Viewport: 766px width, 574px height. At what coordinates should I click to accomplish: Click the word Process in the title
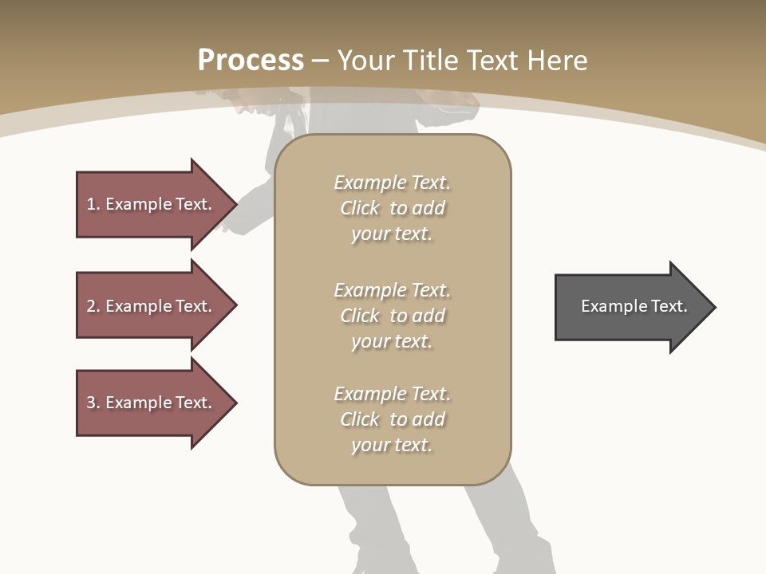pos(251,60)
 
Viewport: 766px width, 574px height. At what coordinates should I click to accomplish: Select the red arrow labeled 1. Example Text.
pos(152,204)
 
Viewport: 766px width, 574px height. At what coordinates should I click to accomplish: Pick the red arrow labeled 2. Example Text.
pos(152,306)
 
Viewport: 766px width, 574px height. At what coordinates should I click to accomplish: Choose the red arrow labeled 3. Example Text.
pos(152,403)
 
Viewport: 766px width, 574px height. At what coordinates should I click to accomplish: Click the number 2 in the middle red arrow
pos(91,306)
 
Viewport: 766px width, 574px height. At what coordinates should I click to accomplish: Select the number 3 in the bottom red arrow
pos(91,403)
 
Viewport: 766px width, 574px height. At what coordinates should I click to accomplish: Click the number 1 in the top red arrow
pos(91,204)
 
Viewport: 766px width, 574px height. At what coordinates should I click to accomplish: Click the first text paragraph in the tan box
pos(392,208)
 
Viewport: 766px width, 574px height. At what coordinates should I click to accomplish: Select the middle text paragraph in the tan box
pos(392,316)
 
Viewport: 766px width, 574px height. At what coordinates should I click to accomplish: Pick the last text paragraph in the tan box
pos(392,419)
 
